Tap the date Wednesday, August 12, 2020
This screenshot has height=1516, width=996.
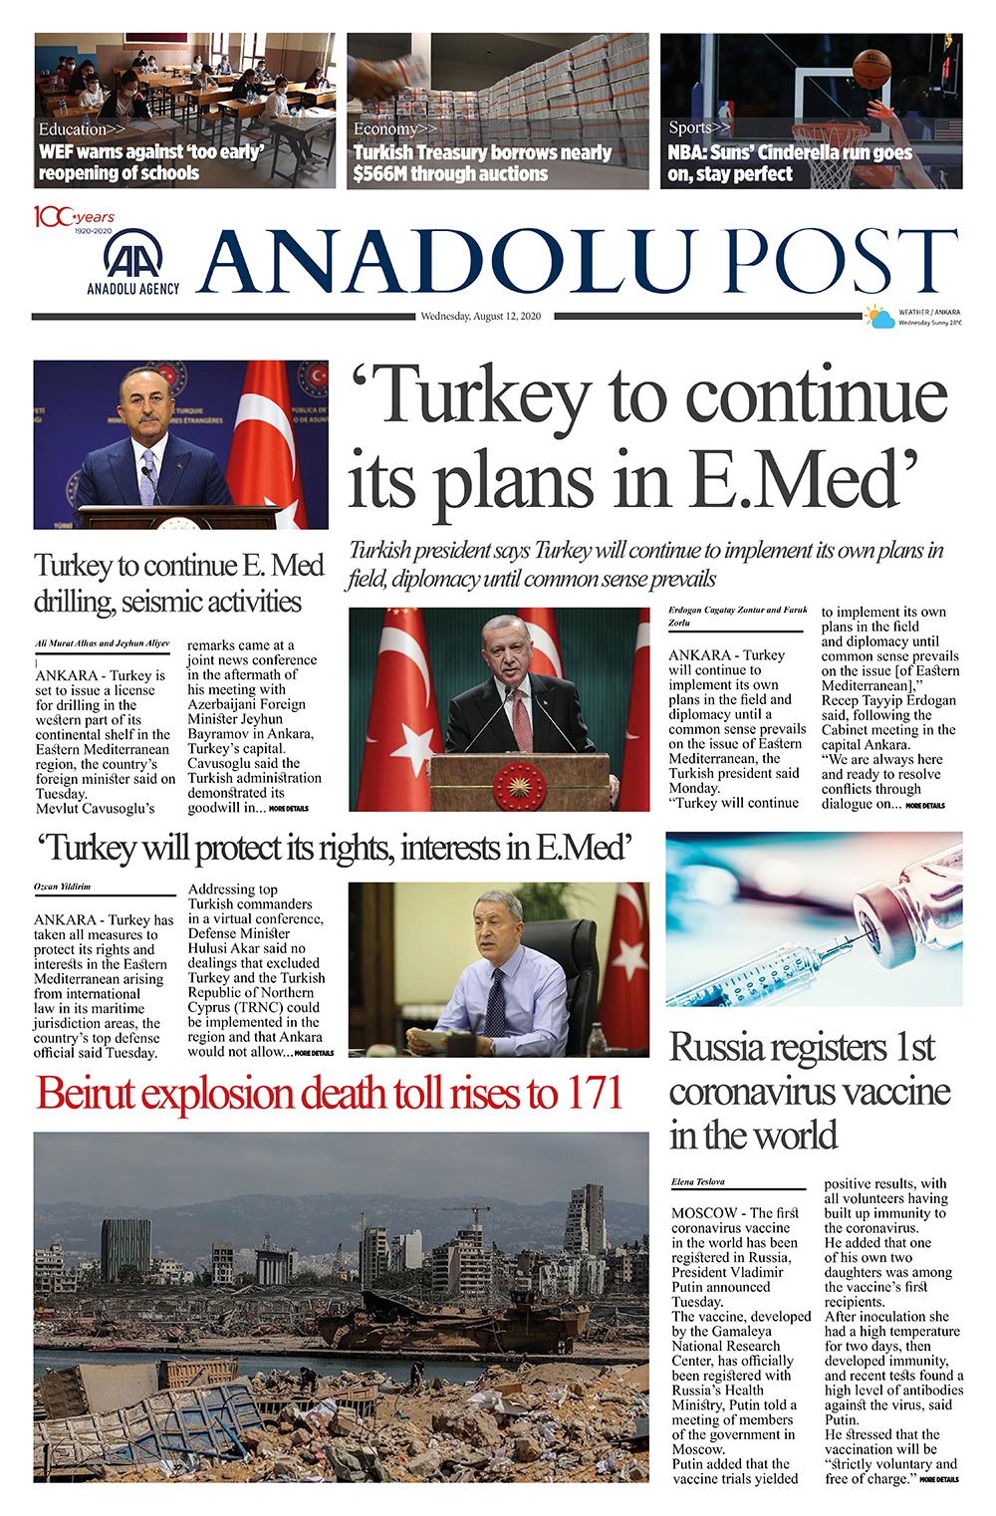(480, 317)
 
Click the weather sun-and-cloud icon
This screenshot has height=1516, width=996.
(879, 318)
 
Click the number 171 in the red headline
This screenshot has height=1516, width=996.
(594, 1094)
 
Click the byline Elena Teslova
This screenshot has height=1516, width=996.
(698, 1182)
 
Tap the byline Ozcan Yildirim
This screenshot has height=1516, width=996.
(62, 886)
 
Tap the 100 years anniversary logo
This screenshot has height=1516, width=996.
(75, 218)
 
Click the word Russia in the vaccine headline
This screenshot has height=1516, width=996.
(717, 1048)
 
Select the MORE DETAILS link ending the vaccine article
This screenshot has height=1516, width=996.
(939, 1480)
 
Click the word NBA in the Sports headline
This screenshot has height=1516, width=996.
(687, 153)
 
